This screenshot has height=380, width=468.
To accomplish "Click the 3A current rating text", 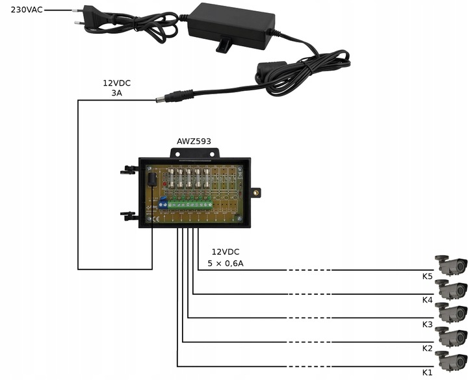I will coord(117,94).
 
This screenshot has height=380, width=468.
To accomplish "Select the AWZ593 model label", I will coord(194,141).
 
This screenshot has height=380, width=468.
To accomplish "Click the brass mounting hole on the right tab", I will coord(257,192).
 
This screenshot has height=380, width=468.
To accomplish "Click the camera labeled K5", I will coord(451,265).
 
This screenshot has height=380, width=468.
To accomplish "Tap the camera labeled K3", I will coord(451,312).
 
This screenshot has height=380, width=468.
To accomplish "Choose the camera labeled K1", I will coord(451,360).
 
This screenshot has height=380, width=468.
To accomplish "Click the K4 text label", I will coord(427,300).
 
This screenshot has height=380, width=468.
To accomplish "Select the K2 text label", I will coord(427,348).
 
